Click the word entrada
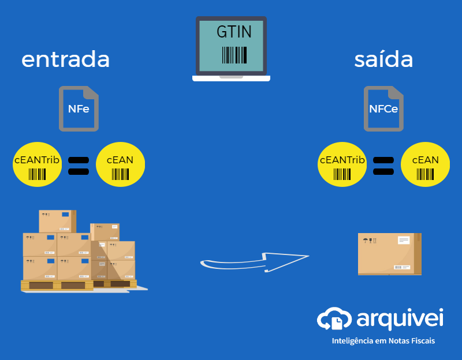[65, 60]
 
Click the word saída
[383, 59]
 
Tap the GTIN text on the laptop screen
[234, 32]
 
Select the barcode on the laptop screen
[234, 55]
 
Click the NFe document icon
[79, 108]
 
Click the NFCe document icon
[383, 108]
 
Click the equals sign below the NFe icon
[79, 166]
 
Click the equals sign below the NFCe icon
[383, 166]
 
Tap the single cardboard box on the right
[389, 254]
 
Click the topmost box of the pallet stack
[57, 221]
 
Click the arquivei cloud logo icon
[334, 319]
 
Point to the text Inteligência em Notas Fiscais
[383, 341]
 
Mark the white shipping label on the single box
[403, 240]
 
